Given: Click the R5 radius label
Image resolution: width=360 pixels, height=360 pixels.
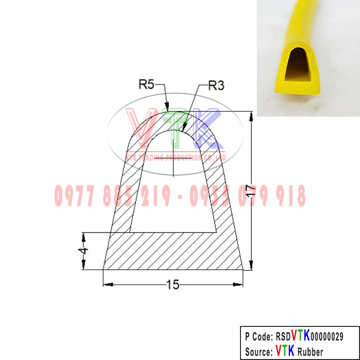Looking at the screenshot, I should pyautogui.click(x=146, y=84).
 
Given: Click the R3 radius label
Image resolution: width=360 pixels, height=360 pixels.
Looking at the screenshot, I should pyautogui.click(x=216, y=86).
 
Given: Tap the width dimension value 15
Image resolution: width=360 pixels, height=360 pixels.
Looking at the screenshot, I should pyautogui.click(x=172, y=285).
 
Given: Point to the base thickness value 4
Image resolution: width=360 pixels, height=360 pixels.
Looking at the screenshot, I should pyautogui.click(x=83, y=251).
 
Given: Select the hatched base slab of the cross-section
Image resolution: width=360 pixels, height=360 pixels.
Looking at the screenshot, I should pyautogui.click(x=173, y=252).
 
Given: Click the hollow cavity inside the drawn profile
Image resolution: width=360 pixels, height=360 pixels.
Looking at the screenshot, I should pyautogui.click(x=173, y=192).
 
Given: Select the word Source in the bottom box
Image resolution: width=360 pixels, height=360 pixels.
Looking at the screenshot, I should pyautogui.click(x=258, y=351).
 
